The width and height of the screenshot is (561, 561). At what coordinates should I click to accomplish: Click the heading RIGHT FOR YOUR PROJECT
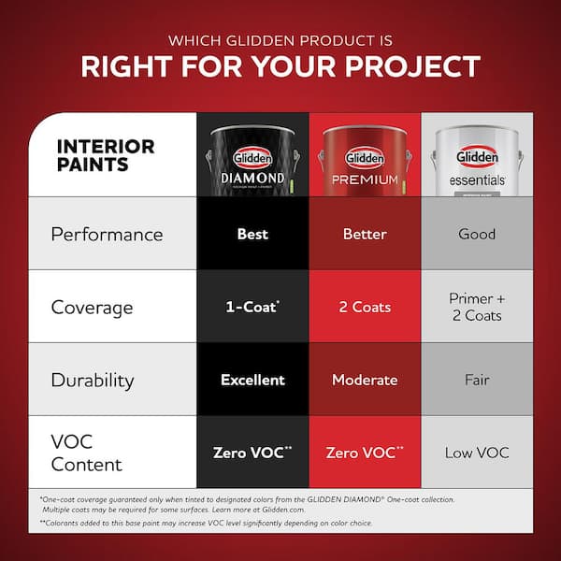[x=280, y=67]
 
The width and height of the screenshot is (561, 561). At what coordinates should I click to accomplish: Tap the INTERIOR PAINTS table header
[x=106, y=155]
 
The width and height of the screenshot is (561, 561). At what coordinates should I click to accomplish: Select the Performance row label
[x=107, y=234]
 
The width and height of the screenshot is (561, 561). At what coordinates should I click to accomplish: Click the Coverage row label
[x=92, y=308]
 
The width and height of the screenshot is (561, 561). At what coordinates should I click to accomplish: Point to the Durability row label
[x=93, y=381]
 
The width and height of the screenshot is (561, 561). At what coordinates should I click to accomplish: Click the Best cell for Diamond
[x=252, y=234]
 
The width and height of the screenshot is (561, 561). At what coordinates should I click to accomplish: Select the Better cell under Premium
[x=365, y=234]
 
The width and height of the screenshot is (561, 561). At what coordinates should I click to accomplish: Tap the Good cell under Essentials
[x=477, y=234]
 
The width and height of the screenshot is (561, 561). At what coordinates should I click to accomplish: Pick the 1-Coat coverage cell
[x=252, y=308]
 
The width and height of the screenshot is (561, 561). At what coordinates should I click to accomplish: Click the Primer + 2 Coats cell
[x=477, y=308]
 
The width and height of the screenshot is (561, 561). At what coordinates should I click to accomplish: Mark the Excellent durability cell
[x=252, y=381]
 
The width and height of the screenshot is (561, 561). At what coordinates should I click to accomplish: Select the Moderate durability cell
[x=365, y=381]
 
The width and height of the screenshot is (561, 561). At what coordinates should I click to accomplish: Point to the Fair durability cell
[x=477, y=381]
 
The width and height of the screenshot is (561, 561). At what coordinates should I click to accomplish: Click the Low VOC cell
[x=477, y=453]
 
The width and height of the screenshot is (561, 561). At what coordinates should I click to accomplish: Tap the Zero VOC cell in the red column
[x=365, y=453]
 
